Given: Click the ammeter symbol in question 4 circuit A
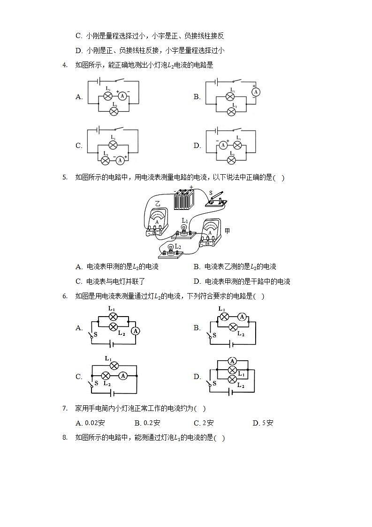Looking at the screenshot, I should pos(122,96).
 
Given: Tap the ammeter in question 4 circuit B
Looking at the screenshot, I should pos(255,92).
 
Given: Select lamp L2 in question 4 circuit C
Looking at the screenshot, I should pos(106,160).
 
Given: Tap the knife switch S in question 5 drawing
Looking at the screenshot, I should pos(217,199).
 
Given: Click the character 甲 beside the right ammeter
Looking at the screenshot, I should pos(228,231).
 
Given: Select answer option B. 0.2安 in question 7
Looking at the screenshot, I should pos(147,423).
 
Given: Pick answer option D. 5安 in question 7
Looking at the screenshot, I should pos(263,423).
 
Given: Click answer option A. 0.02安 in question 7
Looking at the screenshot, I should pos(90,423).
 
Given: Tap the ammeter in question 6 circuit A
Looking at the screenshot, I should pos(136,331).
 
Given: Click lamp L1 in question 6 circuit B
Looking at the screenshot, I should pos(224,317).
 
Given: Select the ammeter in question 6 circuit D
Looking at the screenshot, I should pos(232,361).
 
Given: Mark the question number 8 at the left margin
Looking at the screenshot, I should pos(65,437).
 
